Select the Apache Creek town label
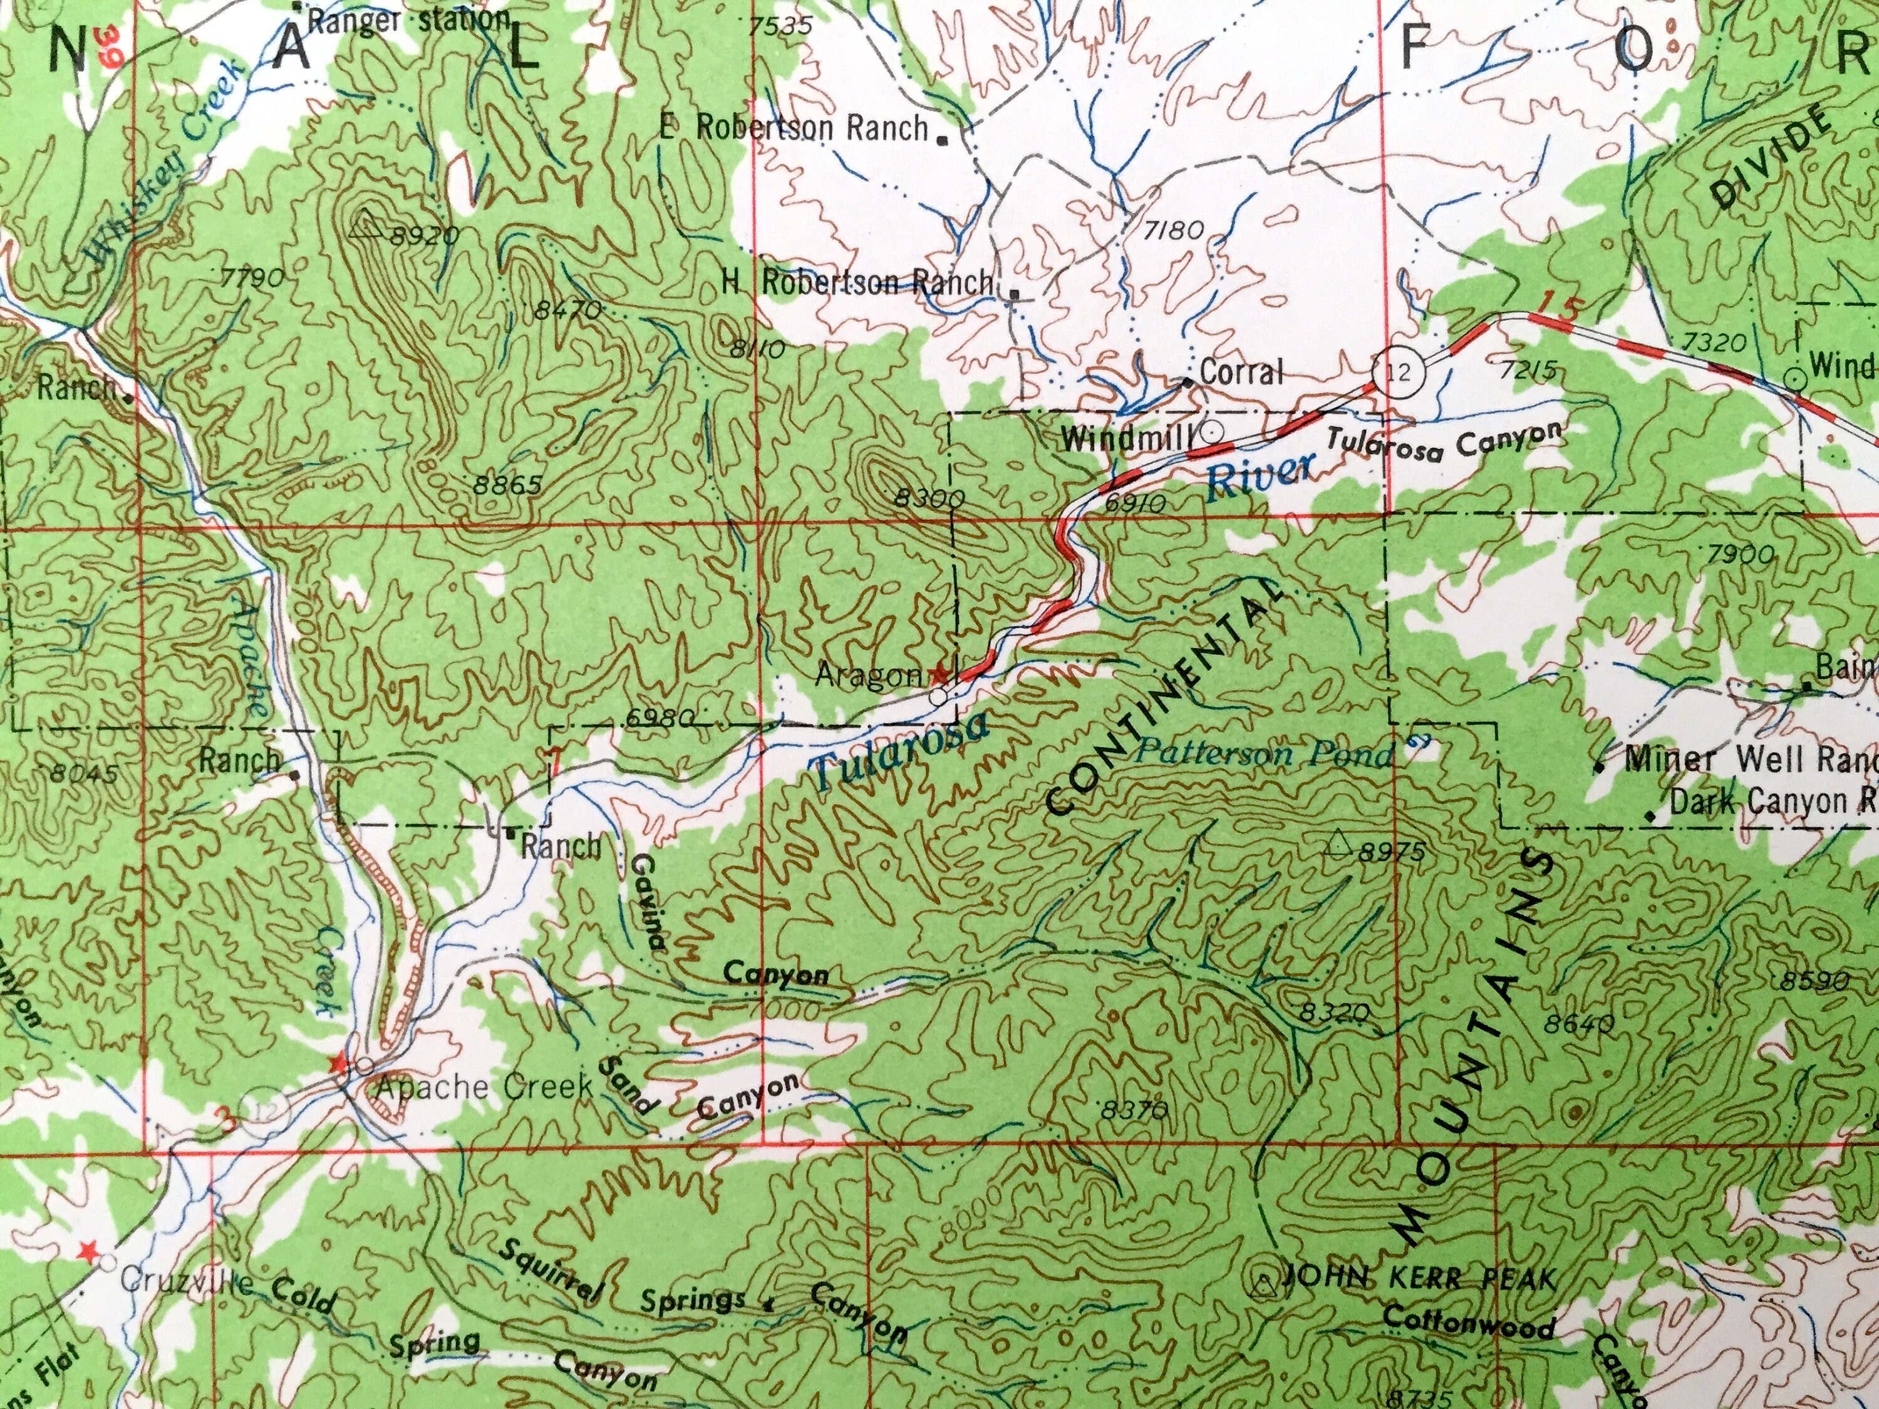(482, 1087)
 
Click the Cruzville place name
(186, 1282)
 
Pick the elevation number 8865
(508, 485)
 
